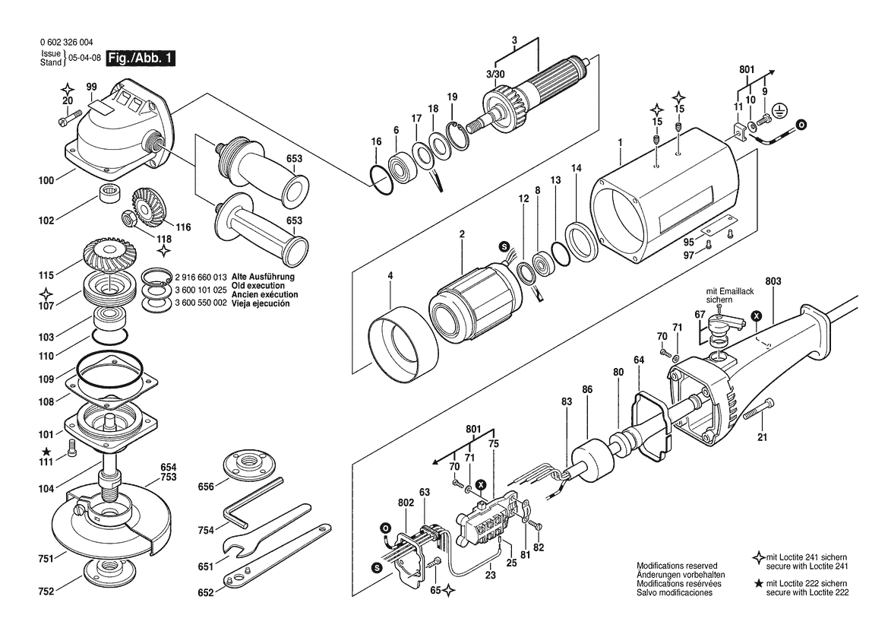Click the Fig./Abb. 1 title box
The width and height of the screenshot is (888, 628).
click(141, 59)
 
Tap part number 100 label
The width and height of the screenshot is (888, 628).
click(46, 181)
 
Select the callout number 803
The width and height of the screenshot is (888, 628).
click(773, 281)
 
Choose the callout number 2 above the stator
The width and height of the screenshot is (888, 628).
click(462, 233)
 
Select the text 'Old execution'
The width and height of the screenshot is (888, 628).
click(258, 286)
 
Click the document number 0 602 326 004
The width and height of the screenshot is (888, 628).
click(67, 43)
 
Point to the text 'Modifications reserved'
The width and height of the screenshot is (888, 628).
click(677, 566)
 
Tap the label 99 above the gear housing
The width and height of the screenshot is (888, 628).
click(92, 87)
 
